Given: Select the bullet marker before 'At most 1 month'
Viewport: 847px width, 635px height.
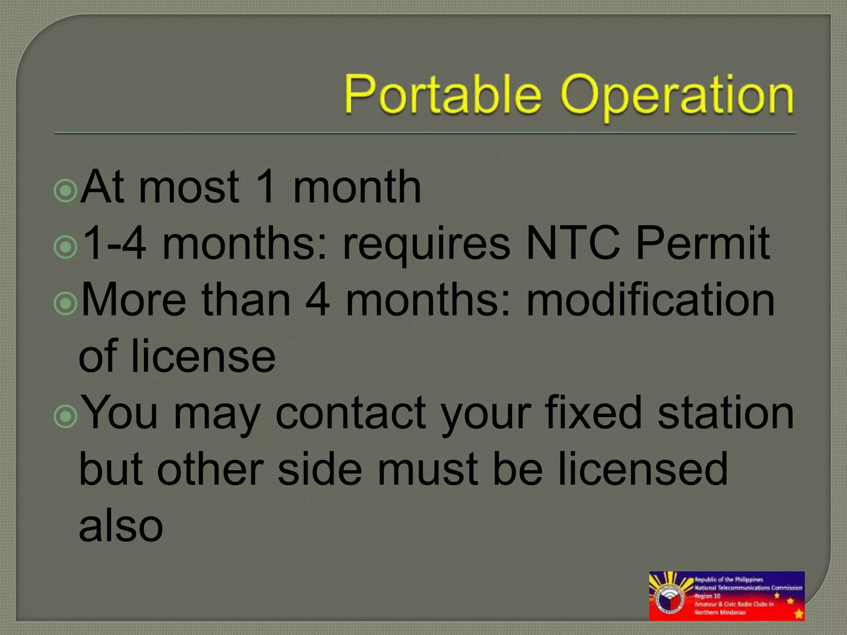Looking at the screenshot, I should pos(66,191).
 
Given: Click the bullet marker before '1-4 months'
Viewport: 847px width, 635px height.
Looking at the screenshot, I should pos(66,247).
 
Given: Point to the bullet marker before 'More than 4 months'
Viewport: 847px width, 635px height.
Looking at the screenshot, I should pos(66,303).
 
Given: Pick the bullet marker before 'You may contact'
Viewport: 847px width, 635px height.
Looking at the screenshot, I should pos(66,416).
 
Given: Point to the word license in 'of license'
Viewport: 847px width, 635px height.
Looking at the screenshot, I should pos(203,356).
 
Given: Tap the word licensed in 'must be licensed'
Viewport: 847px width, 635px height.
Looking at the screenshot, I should pos(643,469).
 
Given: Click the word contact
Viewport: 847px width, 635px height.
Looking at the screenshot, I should pos(351,413).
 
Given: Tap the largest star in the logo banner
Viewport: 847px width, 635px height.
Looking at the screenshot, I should pos(799,614).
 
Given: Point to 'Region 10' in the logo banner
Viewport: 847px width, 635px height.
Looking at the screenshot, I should pos(708,596).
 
